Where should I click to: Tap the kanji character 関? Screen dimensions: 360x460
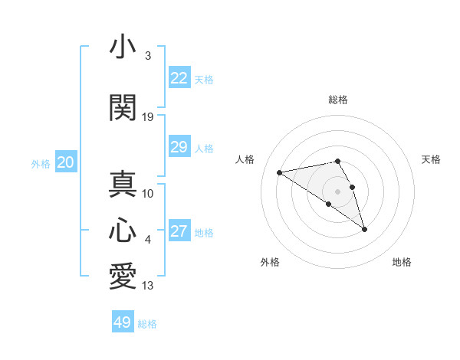point(123,106)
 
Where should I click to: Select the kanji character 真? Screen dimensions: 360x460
point(123,184)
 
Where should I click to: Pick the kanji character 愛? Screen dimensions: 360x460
point(123,276)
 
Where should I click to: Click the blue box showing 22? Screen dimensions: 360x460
point(179,78)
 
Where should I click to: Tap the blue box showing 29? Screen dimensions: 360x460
point(179,147)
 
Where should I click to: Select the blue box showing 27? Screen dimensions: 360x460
point(179,231)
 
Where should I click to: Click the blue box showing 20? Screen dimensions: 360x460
point(66,162)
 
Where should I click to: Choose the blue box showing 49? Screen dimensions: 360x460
point(123,322)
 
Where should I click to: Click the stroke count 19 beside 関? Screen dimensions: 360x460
point(148,117)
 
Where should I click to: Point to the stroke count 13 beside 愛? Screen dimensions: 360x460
point(148,286)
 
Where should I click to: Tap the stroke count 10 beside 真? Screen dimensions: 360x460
point(148,194)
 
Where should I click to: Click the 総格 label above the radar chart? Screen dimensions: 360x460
point(337,100)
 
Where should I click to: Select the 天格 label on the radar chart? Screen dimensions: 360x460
point(432,159)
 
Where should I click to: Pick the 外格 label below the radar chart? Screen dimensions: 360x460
point(270,262)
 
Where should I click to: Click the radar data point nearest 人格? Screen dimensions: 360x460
point(280,172)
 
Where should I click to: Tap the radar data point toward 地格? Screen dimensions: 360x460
point(364,229)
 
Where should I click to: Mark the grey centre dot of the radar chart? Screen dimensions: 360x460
point(337,191)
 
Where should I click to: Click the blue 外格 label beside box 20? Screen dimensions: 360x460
point(40,163)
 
